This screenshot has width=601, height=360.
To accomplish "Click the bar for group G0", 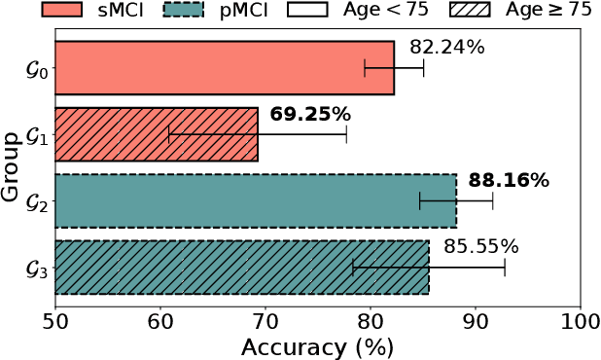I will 224,68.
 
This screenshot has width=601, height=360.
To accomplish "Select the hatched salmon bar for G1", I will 157,134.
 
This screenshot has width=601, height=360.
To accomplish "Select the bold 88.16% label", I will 509,180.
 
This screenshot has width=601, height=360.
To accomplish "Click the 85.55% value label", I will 481,246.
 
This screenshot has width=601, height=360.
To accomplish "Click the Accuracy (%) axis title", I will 317,345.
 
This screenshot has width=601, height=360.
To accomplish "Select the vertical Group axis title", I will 12,167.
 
